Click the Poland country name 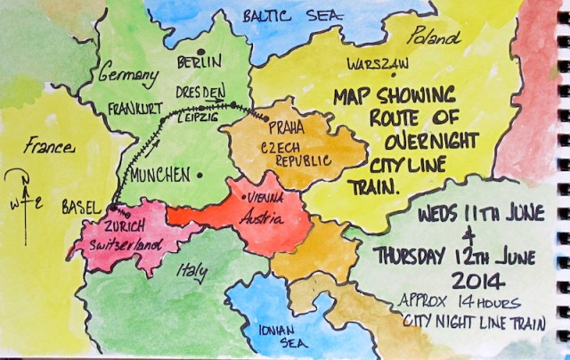tap(434, 37)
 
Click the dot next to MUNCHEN tap(200, 175)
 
